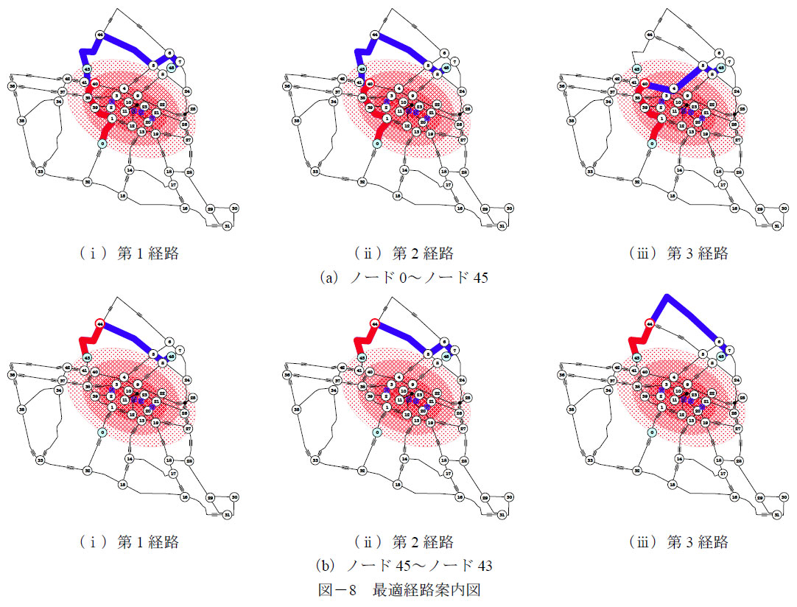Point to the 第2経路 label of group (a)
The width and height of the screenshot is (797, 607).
(x=403, y=254)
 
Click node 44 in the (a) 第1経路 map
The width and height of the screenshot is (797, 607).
(x=99, y=35)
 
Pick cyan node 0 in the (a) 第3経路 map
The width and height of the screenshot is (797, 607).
(x=651, y=144)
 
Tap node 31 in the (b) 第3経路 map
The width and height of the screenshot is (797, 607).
(x=777, y=514)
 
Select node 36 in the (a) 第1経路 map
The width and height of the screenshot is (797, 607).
(x=13, y=86)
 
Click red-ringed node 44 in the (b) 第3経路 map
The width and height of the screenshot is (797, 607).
(x=650, y=323)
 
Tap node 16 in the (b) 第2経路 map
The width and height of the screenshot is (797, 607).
(x=459, y=497)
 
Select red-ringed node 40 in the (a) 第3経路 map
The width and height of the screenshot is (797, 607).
(x=644, y=85)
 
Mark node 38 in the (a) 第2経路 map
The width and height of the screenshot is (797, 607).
(x=296, y=120)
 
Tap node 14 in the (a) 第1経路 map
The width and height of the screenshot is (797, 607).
(x=130, y=169)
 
